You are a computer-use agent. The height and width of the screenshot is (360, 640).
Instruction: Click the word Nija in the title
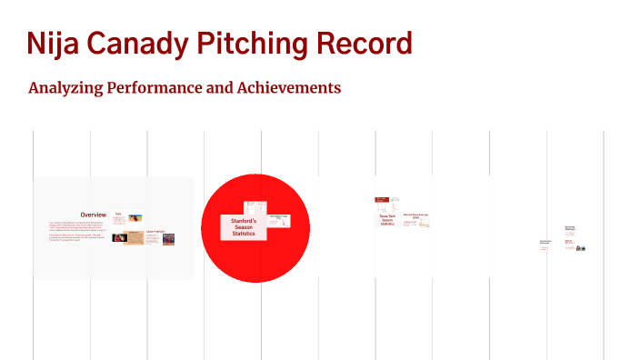(53, 44)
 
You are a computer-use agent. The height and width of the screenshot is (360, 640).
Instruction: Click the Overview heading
(94, 215)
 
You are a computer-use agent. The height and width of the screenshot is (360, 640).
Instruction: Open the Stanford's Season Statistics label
(244, 227)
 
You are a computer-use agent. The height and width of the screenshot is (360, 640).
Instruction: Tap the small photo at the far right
(581, 247)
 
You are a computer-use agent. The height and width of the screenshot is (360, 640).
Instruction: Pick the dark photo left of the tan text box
(118, 237)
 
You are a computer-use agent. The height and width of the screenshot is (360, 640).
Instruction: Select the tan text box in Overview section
(134, 238)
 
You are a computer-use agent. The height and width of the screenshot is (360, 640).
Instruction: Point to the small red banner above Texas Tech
(383, 200)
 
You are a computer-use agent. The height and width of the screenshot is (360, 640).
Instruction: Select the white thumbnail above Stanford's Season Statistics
(255, 208)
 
